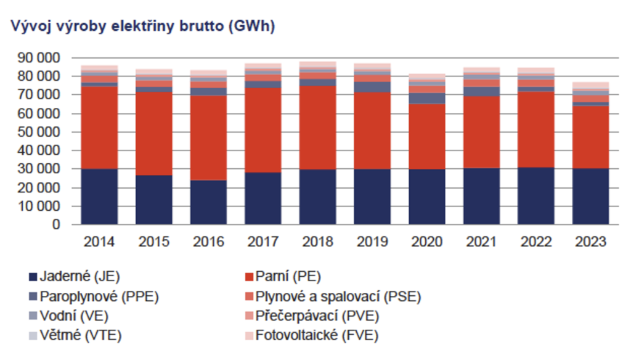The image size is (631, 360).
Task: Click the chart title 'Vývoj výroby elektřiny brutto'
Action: [142, 27]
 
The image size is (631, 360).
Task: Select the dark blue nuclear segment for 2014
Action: [99, 197]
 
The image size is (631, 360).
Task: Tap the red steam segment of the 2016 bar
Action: [208, 137]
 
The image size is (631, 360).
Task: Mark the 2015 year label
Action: [153, 242]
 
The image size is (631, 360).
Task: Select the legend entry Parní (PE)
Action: [288, 276]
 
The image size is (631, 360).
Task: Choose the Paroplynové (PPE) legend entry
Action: [99, 297]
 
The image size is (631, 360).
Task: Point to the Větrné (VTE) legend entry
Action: [81, 336]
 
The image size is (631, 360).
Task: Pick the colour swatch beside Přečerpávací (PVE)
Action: [249, 316]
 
